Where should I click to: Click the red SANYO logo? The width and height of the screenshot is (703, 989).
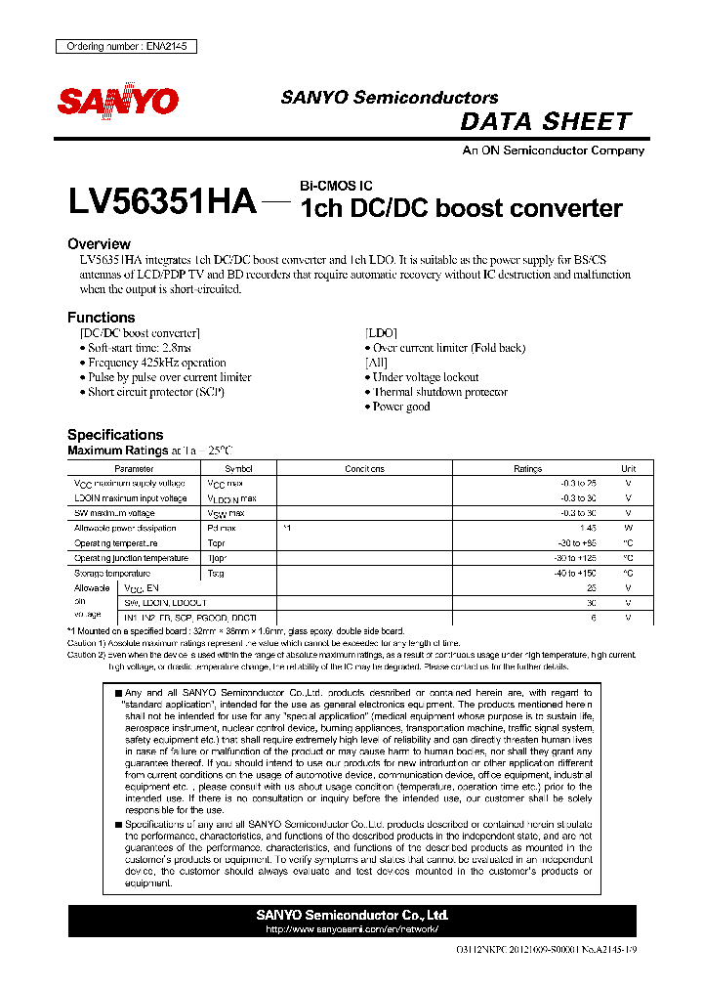pyautogui.click(x=118, y=101)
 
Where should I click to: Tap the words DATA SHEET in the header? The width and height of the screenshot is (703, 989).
pyautogui.click(x=546, y=122)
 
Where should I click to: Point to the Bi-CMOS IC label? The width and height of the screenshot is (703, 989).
pyautogui.click(x=335, y=186)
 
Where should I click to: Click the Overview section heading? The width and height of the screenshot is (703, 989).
pyautogui.click(x=99, y=243)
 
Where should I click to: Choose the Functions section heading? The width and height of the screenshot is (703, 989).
pyautogui.click(x=101, y=318)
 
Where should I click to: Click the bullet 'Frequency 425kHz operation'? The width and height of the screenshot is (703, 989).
pyautogui.click(x=156, y=363)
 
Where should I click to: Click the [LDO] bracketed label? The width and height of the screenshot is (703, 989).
pyautogui.click(x=381, y=333)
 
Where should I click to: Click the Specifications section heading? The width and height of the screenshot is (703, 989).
pyautogui.click(x=115, y=435)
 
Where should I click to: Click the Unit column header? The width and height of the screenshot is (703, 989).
pyautogui.click(x=628, y=469)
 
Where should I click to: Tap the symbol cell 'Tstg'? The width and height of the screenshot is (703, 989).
pyautogui.click(x=216, y=573)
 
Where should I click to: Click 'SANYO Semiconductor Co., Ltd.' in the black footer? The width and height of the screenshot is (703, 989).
pyautogui.click(x=351, y=915)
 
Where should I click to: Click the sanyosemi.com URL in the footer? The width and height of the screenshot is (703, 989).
pyautogui.click(x=351, y=928)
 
